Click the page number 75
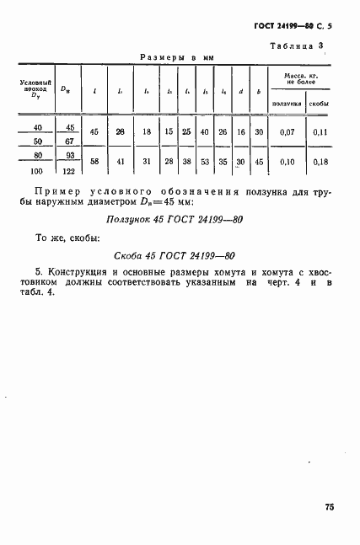329,507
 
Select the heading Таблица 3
298,46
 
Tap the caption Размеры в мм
176,58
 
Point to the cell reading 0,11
319,132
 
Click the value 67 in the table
69,142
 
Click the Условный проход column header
36,88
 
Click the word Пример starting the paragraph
62,193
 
